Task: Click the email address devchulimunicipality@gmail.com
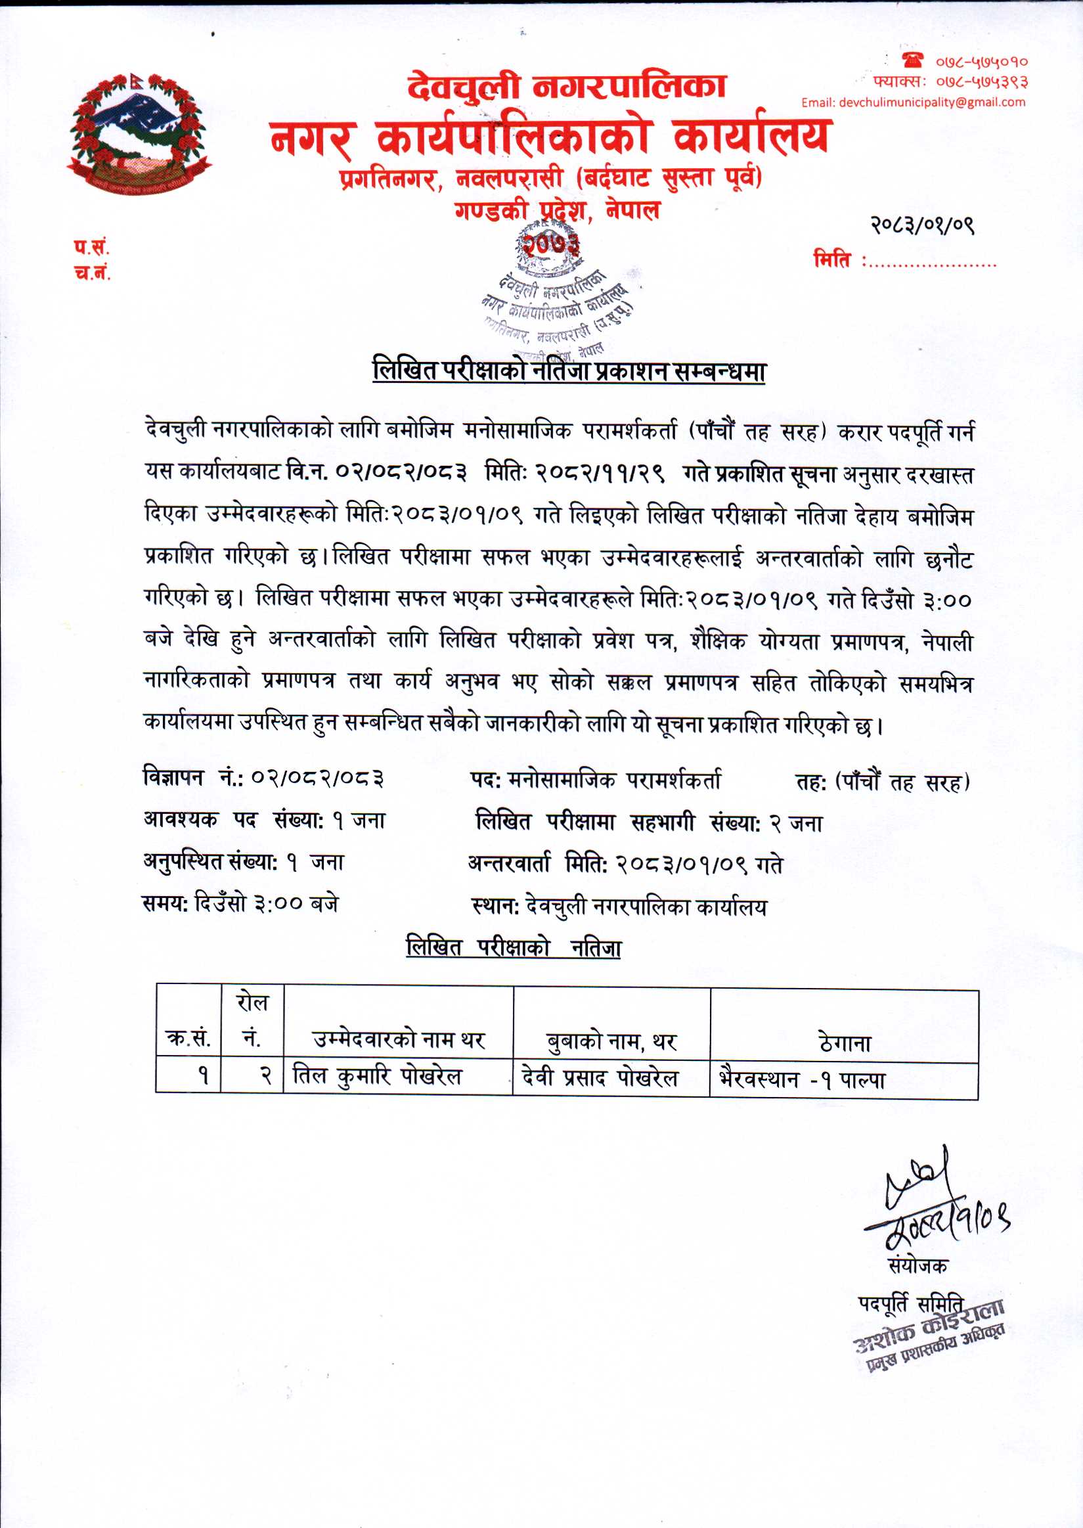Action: (913, 102)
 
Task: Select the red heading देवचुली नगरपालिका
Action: (567, 87)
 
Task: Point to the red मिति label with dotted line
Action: (904, 259)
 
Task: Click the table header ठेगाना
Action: (844, 1043)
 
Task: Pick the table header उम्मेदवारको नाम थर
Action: (398, 1039)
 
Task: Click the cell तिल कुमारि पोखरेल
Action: (378, 1077)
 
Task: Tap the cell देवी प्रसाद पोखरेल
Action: (600, 1077)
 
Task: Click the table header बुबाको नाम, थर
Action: (611, 1041)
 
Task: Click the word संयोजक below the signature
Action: (917, 1265)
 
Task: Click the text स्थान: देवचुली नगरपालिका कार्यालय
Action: (618, 907)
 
